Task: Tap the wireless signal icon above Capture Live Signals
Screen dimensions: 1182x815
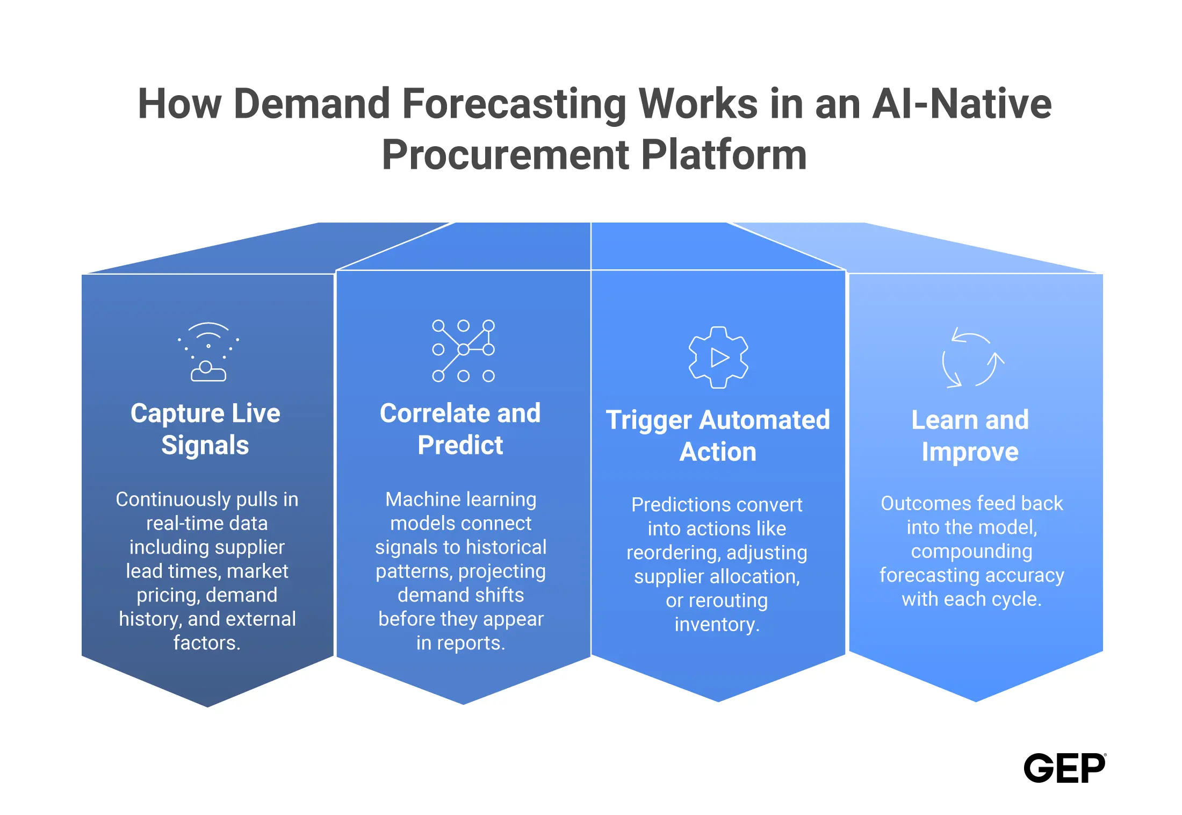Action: [x=208, y=352]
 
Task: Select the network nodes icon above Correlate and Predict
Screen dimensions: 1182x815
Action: [x=463, y=351]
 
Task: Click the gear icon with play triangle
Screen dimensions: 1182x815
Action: [x=718, y=358]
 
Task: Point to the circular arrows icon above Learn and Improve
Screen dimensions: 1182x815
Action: [x=973, y=358]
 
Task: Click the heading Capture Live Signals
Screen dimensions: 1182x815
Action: [x=205, y=429]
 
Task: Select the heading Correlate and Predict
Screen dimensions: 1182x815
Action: [x=460, y=429]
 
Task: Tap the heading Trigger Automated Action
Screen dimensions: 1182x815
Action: [x=718, y=435]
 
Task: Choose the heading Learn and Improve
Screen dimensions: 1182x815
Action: [x=970, y=435]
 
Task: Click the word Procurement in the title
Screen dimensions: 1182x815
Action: [x=505, y=155]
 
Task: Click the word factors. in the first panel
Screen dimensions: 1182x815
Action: [x=206, y=643]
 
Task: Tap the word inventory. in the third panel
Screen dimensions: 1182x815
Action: [x=717, y=625]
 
